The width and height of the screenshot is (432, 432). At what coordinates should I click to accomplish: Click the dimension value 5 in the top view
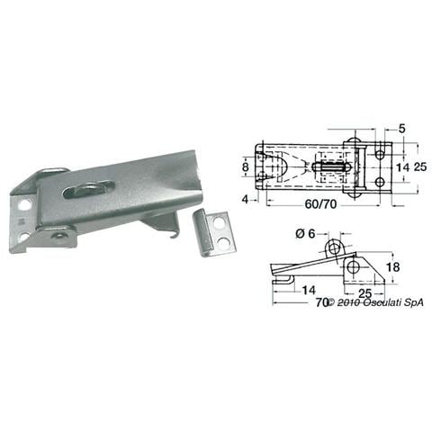401,129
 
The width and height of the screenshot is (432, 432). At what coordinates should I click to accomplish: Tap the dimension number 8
246,166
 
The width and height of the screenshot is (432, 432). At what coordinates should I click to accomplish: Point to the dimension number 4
246,199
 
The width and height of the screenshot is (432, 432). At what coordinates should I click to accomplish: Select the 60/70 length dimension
320,204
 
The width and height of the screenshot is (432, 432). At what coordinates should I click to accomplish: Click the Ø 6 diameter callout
305,233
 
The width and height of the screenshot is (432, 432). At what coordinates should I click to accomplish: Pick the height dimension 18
392,266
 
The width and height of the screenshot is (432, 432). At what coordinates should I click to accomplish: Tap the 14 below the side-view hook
309,290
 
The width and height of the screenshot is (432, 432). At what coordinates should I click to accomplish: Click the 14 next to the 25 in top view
402,167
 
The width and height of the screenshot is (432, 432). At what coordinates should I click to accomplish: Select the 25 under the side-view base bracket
364,293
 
